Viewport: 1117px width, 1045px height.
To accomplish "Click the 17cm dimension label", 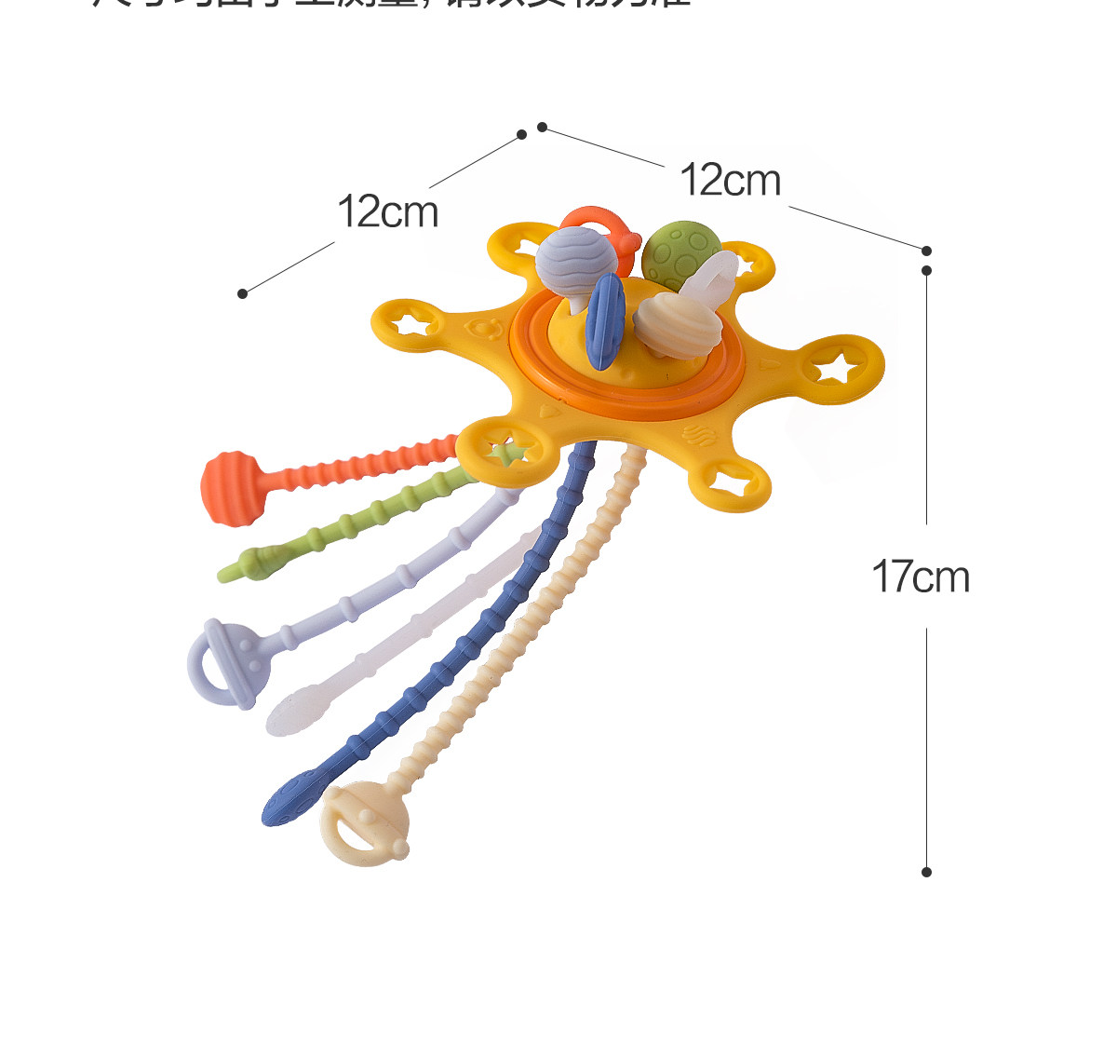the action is click(921, 577).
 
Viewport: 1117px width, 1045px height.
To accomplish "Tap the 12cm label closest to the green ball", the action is click(730, 180).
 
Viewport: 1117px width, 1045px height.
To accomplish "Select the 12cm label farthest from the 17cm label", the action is click(387, 211).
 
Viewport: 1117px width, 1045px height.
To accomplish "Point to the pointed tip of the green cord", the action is click(227, 571).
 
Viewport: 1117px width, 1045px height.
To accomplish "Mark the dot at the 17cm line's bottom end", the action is click(926, 872).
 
